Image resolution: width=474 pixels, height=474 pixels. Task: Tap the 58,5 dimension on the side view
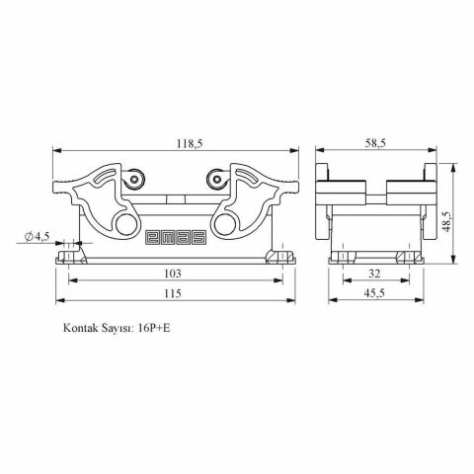point(374,143)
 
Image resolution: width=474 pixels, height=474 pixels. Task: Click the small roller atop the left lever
point(137,179)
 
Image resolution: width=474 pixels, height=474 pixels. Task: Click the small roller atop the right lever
point(213,179)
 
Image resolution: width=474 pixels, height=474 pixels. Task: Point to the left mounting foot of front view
point(69,258)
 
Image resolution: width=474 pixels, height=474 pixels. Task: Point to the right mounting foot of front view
point(281,258)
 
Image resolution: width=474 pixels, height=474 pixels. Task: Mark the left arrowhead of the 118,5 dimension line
point(54,151)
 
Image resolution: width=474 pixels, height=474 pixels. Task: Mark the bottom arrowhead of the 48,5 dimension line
point(453,262)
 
